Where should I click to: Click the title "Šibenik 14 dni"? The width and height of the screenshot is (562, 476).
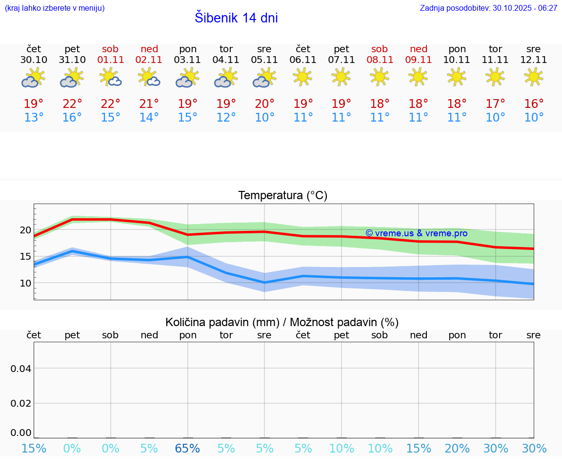236,18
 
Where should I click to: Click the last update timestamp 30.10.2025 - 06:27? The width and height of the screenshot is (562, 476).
488,8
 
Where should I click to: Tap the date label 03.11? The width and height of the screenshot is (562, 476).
188,60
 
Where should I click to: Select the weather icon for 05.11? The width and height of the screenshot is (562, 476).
264,78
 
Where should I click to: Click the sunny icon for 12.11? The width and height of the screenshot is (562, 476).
534,77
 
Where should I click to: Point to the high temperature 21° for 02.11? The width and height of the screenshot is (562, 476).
149,103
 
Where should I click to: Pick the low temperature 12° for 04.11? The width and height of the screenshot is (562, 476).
226,117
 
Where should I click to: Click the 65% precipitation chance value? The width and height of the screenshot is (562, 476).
188,449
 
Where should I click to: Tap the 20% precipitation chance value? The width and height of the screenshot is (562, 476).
457,449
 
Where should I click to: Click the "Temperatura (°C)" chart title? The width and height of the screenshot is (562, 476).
282,196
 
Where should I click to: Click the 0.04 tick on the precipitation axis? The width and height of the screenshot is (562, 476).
21,369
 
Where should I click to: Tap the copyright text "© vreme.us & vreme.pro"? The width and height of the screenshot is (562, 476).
416,233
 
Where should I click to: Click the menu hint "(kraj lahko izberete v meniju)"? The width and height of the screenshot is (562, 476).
55,8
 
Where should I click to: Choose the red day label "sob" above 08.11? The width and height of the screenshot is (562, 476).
380,49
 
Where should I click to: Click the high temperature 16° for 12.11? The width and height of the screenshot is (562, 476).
534,103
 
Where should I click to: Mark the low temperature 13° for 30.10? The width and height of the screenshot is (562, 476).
34,117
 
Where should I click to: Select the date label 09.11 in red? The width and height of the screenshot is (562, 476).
419,60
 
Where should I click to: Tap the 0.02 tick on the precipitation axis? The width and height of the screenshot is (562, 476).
21,403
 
